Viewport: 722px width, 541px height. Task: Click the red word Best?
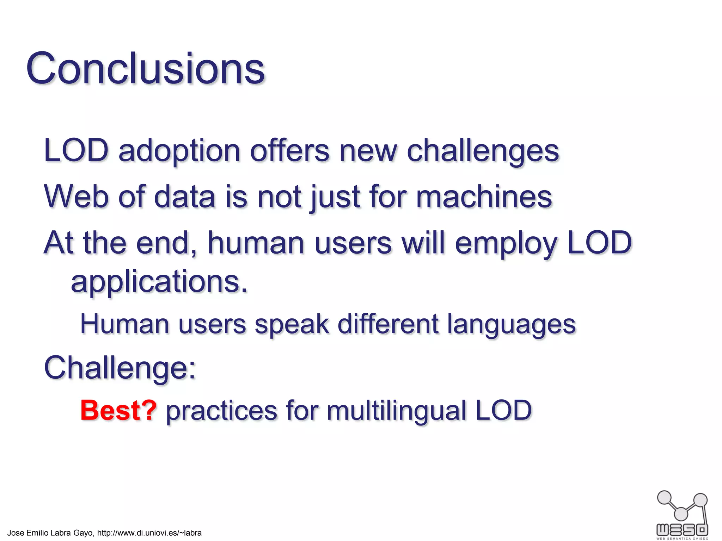[x=118, y=410]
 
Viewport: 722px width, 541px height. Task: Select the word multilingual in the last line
[x=397, y=410]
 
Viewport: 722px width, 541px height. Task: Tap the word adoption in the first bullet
[x=179, y=151]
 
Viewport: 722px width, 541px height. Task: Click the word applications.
[x=159, y=282]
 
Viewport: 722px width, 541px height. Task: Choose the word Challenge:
[x=120, y=368]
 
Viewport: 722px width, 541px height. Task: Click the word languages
[x=512, y=324]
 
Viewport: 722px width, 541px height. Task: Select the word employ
[x=506, y=243]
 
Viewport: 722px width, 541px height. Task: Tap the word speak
[x=292, y=324]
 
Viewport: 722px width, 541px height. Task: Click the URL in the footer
[x=149, y=533]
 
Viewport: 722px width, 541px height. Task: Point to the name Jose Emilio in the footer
[x=30, y=533]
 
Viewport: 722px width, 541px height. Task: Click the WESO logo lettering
[x=682, y=529]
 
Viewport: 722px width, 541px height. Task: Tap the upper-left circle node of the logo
[x=665, y=498]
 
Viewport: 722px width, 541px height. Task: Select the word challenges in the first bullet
[x=483, y=151]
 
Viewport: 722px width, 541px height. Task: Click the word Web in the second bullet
[x=76, y=197]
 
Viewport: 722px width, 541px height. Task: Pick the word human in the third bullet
[x=256, y=243]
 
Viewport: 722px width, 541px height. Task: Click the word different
[x=388, y=324]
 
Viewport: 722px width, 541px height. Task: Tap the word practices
[x=222, y=410]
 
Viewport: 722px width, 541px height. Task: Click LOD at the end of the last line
[x=503, y=410]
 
